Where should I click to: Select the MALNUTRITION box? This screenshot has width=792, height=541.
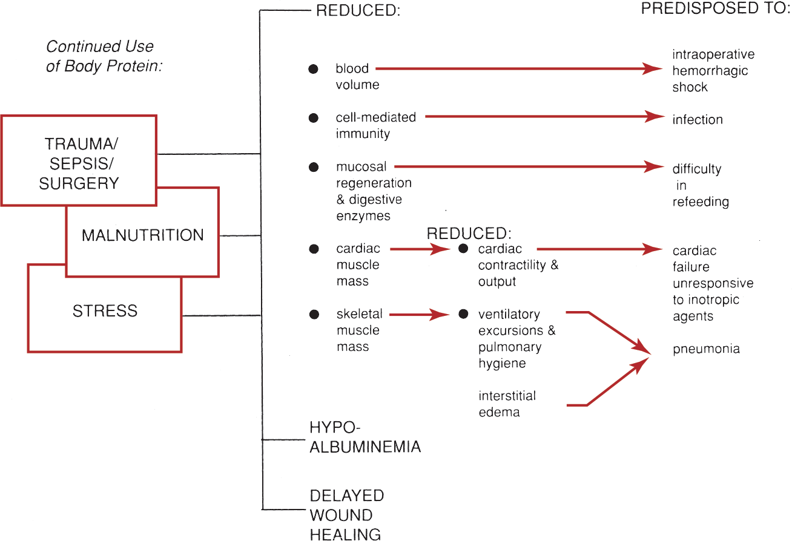[x=142, y=235]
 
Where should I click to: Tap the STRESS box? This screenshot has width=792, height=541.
[x=105, y=312]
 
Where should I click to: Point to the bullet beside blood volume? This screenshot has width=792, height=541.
[x=313, y=70]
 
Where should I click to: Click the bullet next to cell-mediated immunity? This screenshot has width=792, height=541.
[x=313, y=119]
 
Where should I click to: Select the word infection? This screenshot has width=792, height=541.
[x=698, y=120]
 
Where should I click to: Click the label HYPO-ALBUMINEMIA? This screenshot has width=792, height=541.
[x=365, y=438]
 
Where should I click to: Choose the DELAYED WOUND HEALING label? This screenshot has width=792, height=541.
[x=346, y=515]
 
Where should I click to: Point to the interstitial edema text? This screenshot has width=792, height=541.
[x=507, y=404]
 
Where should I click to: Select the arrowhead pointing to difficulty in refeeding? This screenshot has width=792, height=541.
[x=654, y=166]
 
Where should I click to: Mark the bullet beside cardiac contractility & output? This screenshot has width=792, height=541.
[x=463, y=249]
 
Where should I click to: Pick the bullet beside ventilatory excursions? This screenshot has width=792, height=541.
[x=463, y=314]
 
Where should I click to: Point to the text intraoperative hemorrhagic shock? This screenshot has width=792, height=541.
[x=713, y=71]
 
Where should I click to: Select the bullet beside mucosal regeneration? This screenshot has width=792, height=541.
[x=313, y=167]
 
